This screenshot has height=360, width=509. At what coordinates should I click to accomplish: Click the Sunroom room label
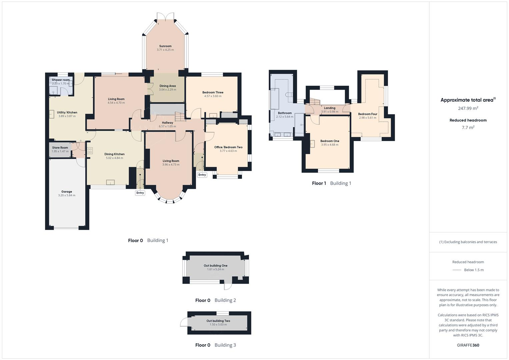click(165, 46)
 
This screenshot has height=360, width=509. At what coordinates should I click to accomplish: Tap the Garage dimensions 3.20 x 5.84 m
click(67, 195)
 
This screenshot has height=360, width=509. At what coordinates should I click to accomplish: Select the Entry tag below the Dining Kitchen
click(140, 193)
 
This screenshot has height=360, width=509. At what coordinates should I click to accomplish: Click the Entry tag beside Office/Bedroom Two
click(202, 175)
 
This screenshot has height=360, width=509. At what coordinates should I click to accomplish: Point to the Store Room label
click(60, 148)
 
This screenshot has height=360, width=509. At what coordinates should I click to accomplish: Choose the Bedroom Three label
click(213, 92)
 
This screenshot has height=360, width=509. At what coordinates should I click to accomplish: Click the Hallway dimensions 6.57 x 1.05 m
click(167, 126)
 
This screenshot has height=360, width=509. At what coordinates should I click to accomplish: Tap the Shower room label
click(61, 80)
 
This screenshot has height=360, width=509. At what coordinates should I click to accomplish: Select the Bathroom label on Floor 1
click(285, 113)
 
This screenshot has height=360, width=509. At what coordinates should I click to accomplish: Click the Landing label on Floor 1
click(330, 108)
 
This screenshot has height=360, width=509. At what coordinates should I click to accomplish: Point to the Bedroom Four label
click(368, 114)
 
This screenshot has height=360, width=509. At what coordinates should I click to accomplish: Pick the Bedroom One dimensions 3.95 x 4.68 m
click(330, 145)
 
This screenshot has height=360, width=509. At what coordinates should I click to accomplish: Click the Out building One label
click(216, 266)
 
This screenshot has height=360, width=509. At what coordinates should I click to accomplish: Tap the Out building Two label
click(218, 321)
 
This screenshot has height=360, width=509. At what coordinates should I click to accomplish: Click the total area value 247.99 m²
click(468, 108)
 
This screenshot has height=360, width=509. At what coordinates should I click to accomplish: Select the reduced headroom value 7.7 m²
click(468, 127)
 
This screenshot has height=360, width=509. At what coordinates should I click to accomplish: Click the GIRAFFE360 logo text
click(468, 345)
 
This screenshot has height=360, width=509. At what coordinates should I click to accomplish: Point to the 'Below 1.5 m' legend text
click(474, 270)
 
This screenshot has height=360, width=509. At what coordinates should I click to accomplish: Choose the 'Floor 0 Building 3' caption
click(215, 345)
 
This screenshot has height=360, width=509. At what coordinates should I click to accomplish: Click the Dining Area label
click(167, 86)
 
